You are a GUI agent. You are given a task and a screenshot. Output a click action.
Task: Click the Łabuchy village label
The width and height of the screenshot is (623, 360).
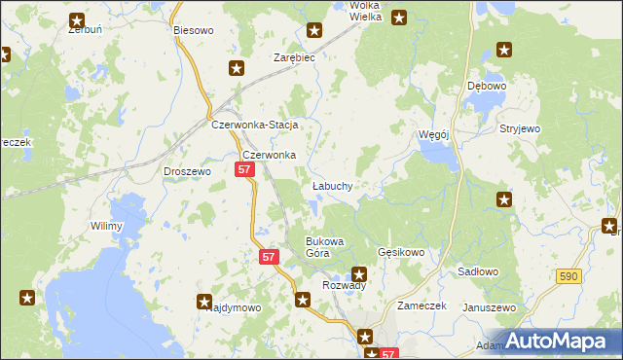coord(332,186)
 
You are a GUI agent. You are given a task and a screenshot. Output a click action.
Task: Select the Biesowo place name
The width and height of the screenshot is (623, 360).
coord(193,30)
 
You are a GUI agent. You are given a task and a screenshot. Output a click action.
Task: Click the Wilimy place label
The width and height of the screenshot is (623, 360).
coord(106,227)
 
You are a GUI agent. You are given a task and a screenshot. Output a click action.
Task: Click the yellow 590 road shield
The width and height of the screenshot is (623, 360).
coord(570,277)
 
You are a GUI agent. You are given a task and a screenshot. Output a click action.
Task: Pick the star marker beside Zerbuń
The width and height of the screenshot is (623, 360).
coord(77,19)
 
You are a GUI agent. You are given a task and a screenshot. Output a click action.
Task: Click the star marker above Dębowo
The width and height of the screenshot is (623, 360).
coord(504,50)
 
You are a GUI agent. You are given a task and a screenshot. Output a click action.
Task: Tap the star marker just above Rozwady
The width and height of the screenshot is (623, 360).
coord(359,274)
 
